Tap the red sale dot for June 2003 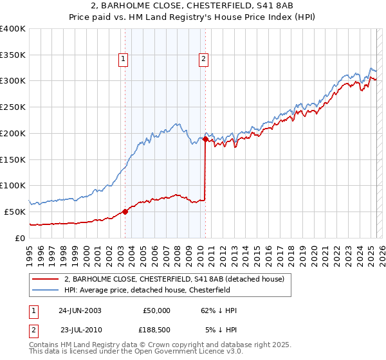125,212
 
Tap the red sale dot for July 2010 205,139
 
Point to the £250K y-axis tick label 13,107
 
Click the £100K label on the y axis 13,185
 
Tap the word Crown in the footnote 149,345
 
